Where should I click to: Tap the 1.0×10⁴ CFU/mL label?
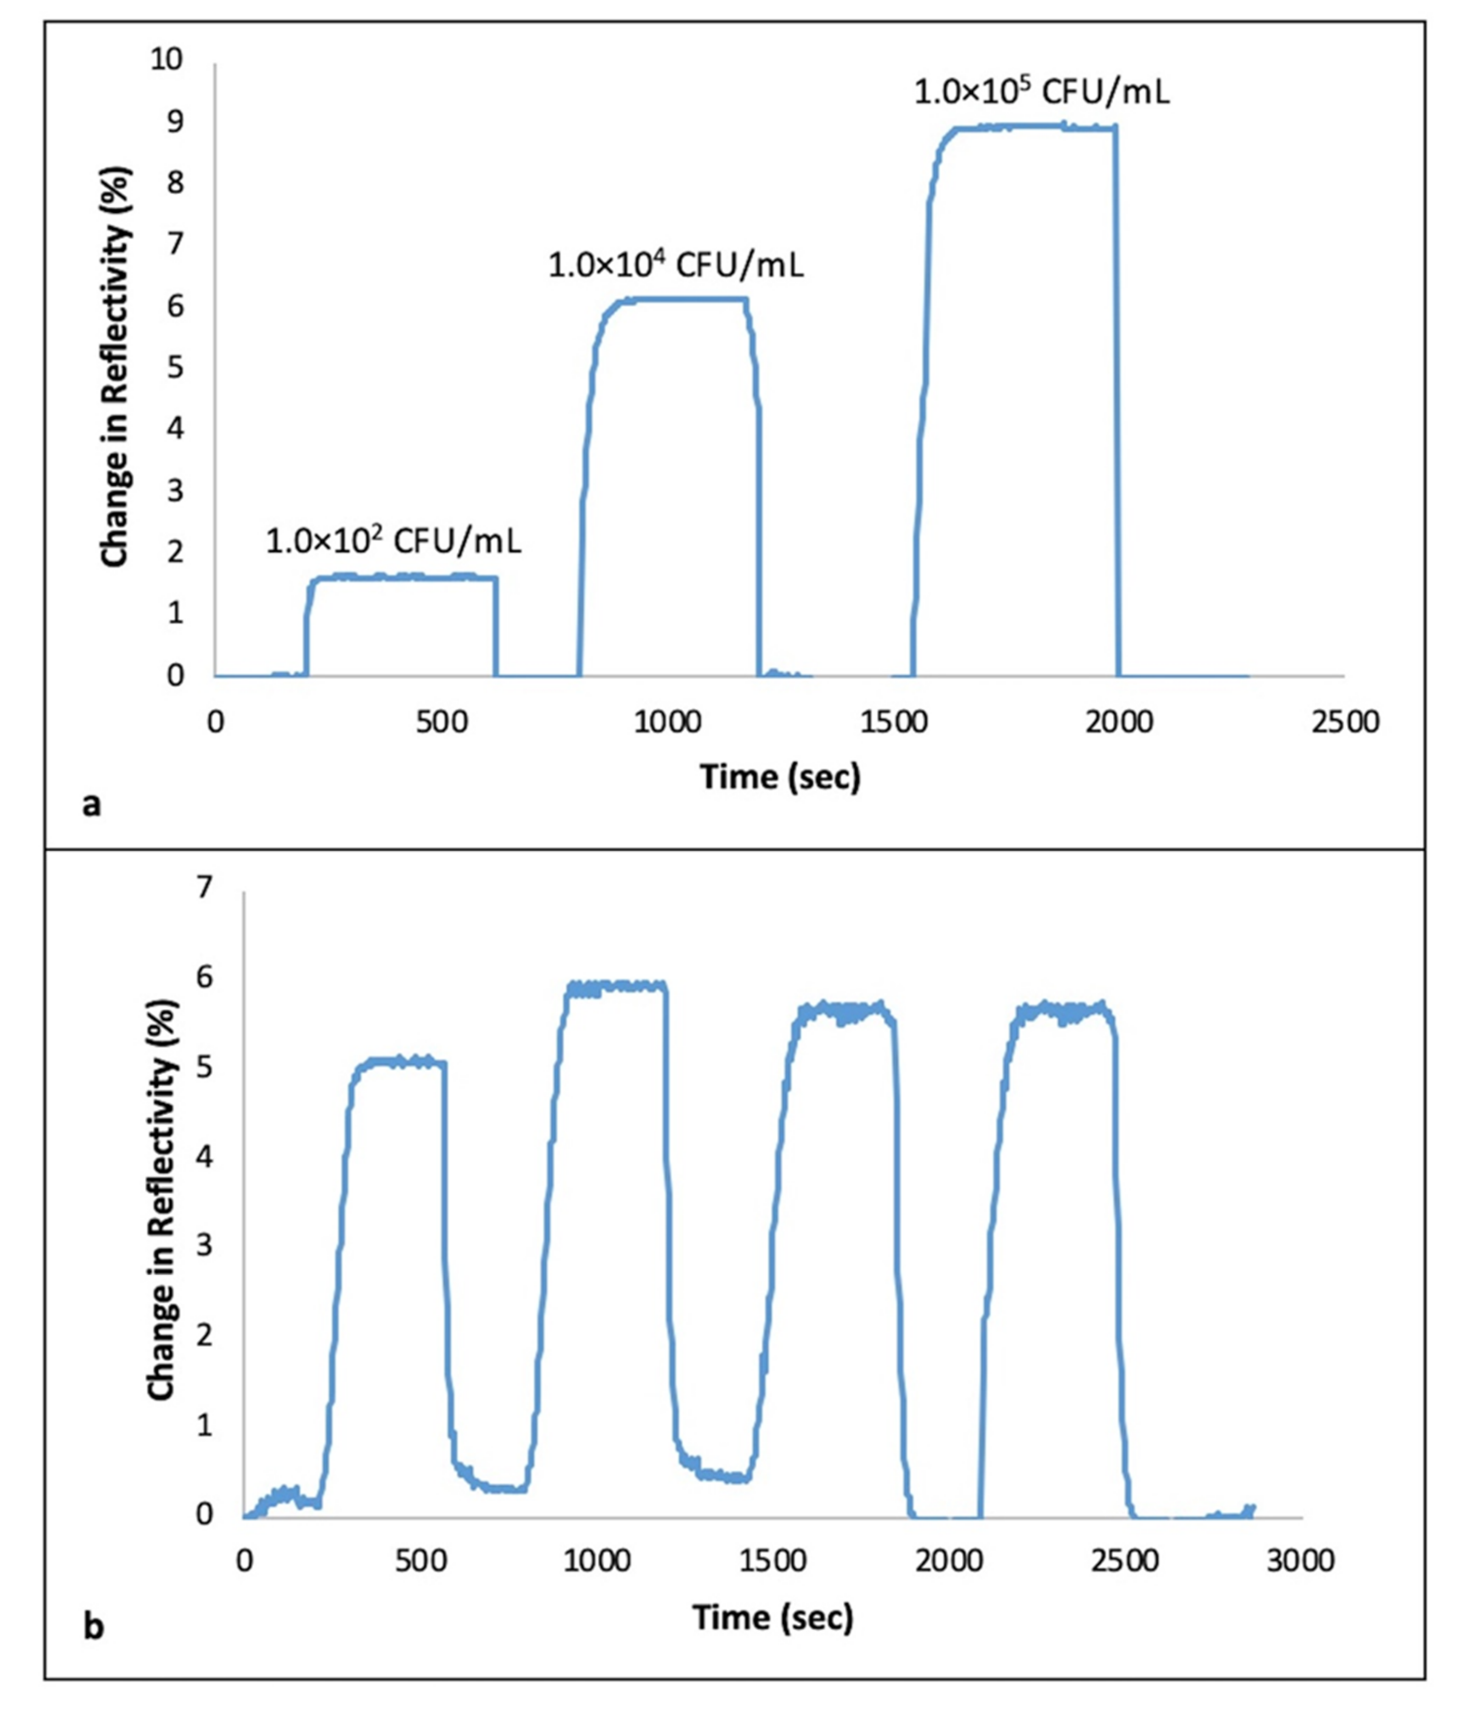coord(675,266)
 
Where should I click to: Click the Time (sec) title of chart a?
coord(780,777)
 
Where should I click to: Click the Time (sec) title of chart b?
coord(772,1616)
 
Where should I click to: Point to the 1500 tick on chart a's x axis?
coord(894,722)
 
